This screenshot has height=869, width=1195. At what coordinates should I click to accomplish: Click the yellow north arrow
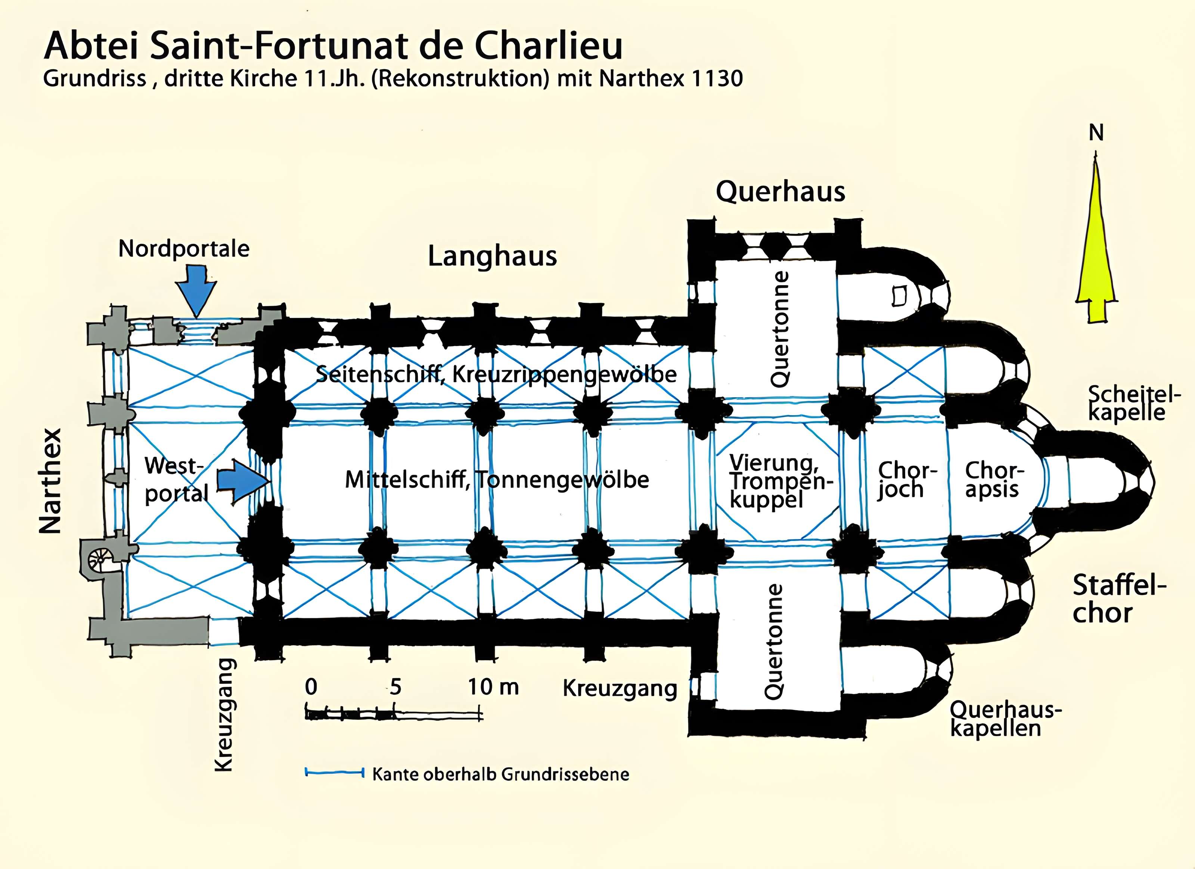[1096, 247]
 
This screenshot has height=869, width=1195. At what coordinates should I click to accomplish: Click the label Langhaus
[492, 256]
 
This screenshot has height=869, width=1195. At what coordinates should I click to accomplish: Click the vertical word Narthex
[51, 480]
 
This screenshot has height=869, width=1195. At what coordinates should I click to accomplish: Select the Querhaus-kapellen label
[1004, 719]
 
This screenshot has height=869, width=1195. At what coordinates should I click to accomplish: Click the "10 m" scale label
[493, 687]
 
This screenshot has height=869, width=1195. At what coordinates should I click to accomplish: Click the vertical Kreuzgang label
[224, 715]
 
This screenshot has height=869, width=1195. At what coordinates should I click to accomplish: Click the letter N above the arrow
[1096, 133]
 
